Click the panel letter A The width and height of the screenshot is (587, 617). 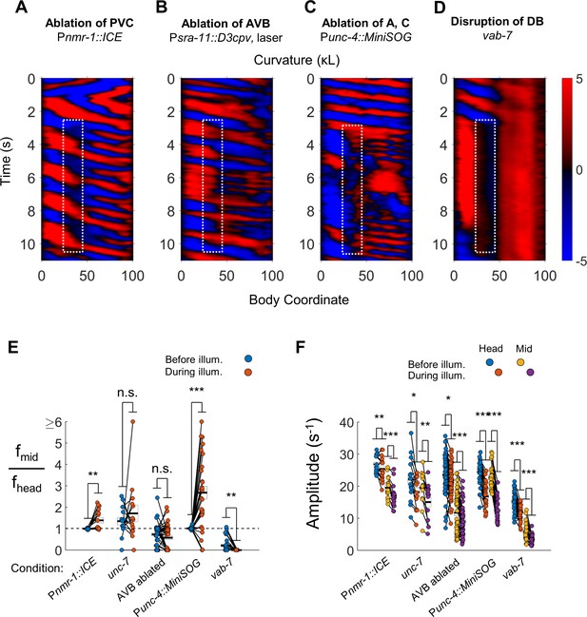[x=22, y=8]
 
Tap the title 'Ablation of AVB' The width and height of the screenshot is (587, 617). [x=225, y=23]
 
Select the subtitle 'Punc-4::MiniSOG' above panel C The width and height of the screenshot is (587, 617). [x=365, y=37]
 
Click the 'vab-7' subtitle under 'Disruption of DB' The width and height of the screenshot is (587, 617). [x=497, y=35]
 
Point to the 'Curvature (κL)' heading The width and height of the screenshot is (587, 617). [x=297, y=60]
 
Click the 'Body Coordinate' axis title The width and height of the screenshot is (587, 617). [x=299, y=299]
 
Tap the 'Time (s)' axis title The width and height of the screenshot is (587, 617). [x=6, y=161]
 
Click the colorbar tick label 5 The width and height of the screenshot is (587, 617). [x=579, y=79]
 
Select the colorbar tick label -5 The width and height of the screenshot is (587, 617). [x=580, y=261]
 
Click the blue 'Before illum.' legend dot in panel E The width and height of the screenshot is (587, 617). [x=248, y=358]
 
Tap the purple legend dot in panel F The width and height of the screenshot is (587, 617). [x=531, y=372]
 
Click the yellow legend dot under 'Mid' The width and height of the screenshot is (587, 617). [x=520, y=362]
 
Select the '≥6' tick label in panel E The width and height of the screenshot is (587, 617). [x=54, y=423]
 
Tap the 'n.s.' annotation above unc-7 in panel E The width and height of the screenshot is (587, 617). [x=127, y=393]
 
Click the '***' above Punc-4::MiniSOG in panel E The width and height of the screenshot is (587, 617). [x=196, y=390]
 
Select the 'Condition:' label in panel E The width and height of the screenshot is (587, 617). [x=37, y=569]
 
